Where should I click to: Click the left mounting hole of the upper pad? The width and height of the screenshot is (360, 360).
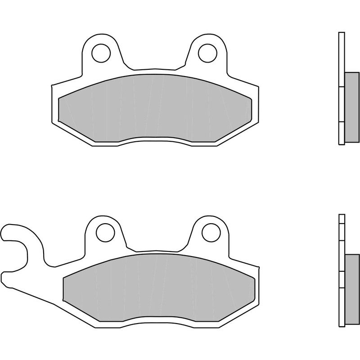coord(101,53)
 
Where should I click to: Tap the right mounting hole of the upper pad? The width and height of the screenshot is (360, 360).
coord(207,53)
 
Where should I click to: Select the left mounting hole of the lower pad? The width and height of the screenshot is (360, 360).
coord(104,233)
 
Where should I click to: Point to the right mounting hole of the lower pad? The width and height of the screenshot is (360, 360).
coord(211,233)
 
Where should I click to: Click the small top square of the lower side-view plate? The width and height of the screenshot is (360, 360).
coord(341,219)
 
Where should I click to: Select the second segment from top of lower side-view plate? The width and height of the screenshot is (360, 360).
coord(341,232)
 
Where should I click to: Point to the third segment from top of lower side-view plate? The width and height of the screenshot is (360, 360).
coord(341,256)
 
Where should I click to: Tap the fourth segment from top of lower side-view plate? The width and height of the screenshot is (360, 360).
coord(341,286)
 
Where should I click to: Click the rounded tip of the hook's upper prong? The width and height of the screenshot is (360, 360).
coord(5,231)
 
